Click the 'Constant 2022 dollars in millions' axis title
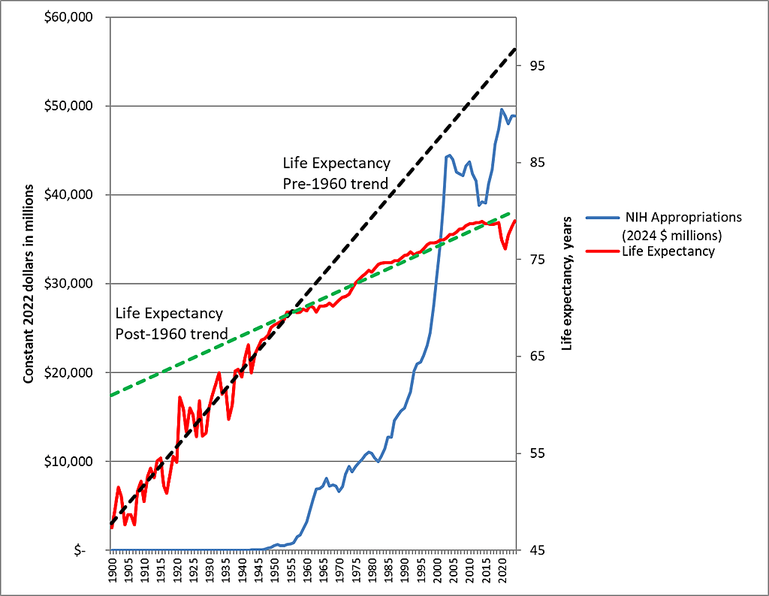pos(29,283)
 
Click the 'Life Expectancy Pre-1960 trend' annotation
pos(336,173)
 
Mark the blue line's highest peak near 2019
pos(502,110)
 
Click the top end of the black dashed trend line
pos(515,48)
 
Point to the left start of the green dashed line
pos(111,395)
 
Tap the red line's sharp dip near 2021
pos(505,248)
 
